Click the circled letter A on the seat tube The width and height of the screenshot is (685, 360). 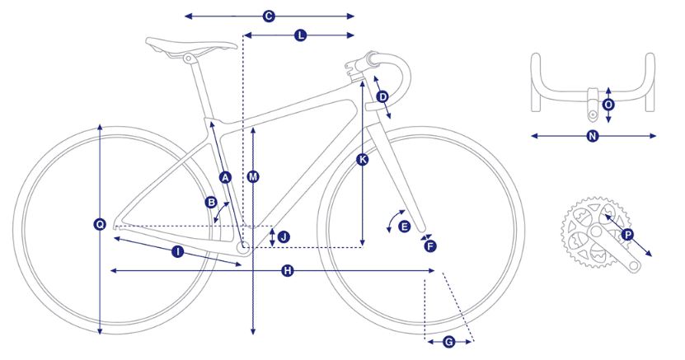(x=225, y=177)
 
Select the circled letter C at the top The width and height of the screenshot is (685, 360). (x=269, y=16)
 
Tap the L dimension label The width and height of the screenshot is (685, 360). (x=301, y=35)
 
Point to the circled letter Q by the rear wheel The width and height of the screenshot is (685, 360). (x=100, y=224)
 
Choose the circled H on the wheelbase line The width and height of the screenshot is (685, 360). (x=287, y=271)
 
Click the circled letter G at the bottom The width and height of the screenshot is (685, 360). (x=448, y=342)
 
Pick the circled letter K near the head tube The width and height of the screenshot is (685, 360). (x=362, y=160)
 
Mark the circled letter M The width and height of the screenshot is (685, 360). (x=253, y=177)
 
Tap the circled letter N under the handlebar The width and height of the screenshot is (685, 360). (x=593, y=136)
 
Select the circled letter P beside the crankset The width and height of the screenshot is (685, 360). (x=627, y=236)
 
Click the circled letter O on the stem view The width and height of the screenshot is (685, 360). (x=608, y=105)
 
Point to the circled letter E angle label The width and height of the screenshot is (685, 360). (x=405, y=227)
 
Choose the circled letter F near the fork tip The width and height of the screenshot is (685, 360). (x=430, y=246)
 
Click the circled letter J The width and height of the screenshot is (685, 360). (x=284, y=237)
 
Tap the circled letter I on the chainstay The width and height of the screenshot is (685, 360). (x=177, y=251)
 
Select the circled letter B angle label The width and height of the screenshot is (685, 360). (x=211, y=202)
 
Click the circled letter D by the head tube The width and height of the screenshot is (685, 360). (x=382, y=96)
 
